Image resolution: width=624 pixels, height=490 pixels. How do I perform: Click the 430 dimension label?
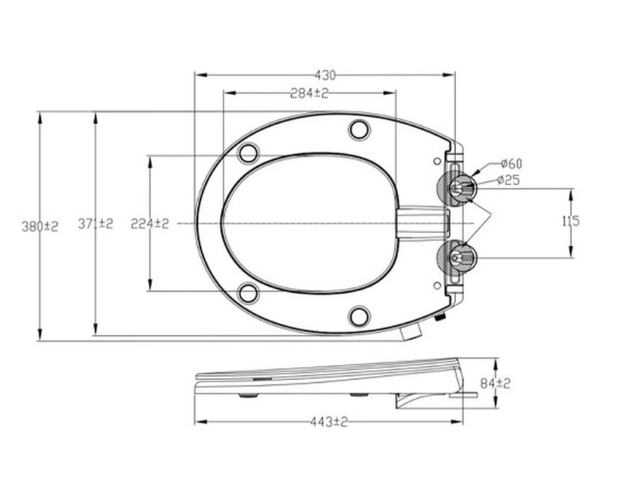click(x=325, y=75)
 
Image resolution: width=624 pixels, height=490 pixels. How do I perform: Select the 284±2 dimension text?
click(x=308, y=93)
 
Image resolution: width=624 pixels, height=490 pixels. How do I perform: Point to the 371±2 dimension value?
click(x=95, y=224)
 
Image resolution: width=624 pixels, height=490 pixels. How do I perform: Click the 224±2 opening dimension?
click(x=150, y=223)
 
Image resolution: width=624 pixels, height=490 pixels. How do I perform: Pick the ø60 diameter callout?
click(x=511, y=163)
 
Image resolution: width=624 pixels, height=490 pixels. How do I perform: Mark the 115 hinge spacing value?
click(x=570, y=220)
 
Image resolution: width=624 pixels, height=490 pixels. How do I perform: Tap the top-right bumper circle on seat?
click(x=359, y=129)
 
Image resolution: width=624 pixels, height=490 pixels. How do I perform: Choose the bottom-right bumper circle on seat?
click(x=359, y=317)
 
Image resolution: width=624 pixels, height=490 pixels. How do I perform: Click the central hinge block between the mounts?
click(x=422, y=222)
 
